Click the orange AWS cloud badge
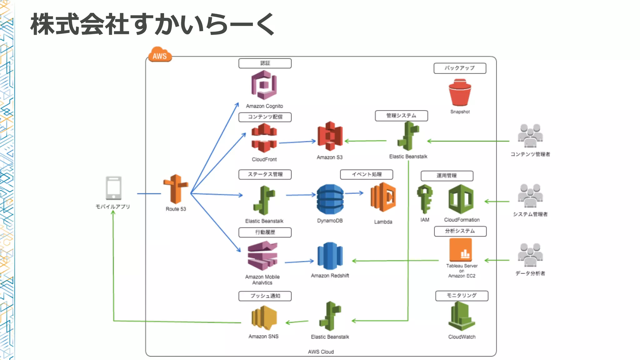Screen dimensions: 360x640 [x=160, y=55]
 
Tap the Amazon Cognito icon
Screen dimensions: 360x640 [x=264, y=85]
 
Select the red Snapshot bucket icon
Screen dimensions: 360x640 [x=460, y=93]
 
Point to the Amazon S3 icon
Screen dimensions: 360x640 [x=330, y=136]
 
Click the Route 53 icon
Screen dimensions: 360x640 [x=176, y=189]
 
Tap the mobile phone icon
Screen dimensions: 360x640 [x=113, y=188]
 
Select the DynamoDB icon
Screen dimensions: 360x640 [x=330, y=199]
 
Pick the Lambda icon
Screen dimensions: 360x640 [x=383, y=198]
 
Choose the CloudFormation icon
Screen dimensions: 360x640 [x=461, y=199]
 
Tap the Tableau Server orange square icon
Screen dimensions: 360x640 [x=461, y=250]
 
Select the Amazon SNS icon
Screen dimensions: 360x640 [x=264, y=317]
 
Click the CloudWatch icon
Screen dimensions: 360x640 [x=462, y=317]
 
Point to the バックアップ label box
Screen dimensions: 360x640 [x=460, y=68]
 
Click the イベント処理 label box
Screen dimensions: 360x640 [x=367, y=174]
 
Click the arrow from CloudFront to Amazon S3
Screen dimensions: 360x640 [x=297, y=142]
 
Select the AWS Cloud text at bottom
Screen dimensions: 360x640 [x=321, y=352]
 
